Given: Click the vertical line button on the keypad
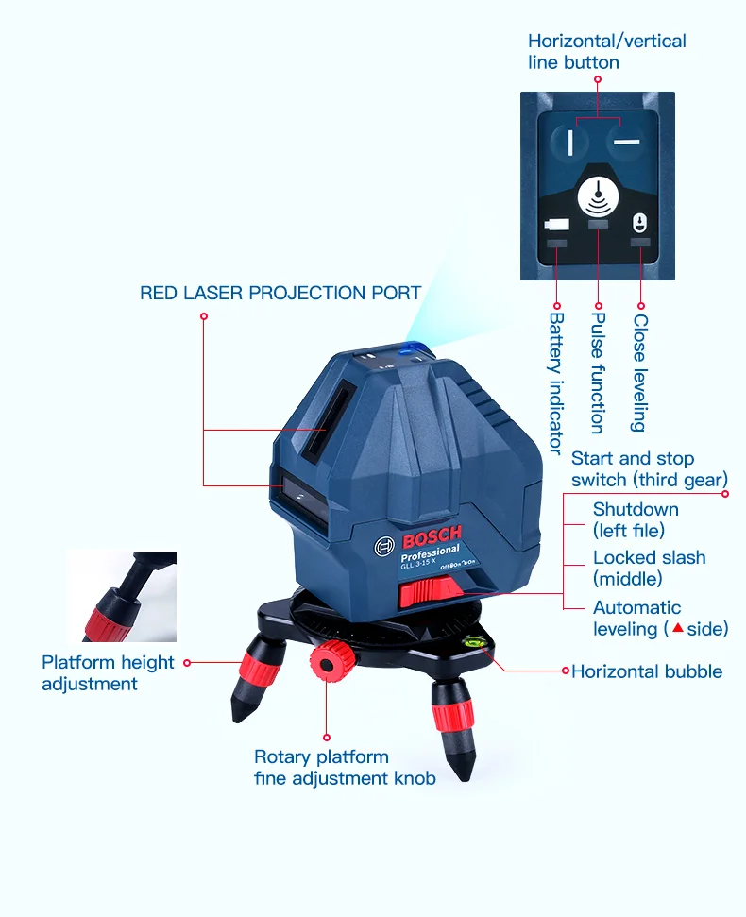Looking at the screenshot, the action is pyautogui.click(x=571, y=141).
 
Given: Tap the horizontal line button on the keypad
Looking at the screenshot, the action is pyautogui.click(x=623, y=141).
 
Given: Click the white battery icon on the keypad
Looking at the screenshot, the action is pyautogui.click(x=556, y=227).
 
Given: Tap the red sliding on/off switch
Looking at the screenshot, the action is pyautogui.click(x=431, y=593).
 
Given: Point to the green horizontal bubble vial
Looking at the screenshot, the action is pyautogui.click(x=469, y=648).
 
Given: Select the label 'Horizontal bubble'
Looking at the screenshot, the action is pyautogui.click(x=647, y=671).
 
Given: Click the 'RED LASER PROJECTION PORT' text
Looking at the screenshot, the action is pyautogui.click(x=280, y=293).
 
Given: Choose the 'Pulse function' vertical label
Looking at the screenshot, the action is pyautogui.click(x=597, y=374).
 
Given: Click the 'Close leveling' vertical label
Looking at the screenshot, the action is pyautogui.click(x=639, y=373).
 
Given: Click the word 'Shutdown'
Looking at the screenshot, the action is pyautogui.click(x=636, y=509).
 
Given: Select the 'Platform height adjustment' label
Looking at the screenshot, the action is pyautogui.click(x=108, y=672).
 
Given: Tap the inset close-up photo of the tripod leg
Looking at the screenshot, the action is pyautogui.click(x=121, y=596).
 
